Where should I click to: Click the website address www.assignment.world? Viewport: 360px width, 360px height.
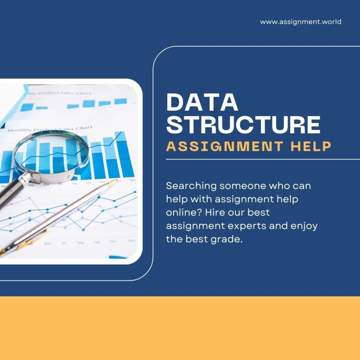[301, 22]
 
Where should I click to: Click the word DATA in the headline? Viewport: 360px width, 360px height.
[202, 102]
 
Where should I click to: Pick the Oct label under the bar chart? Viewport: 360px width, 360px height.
[102, 182]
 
